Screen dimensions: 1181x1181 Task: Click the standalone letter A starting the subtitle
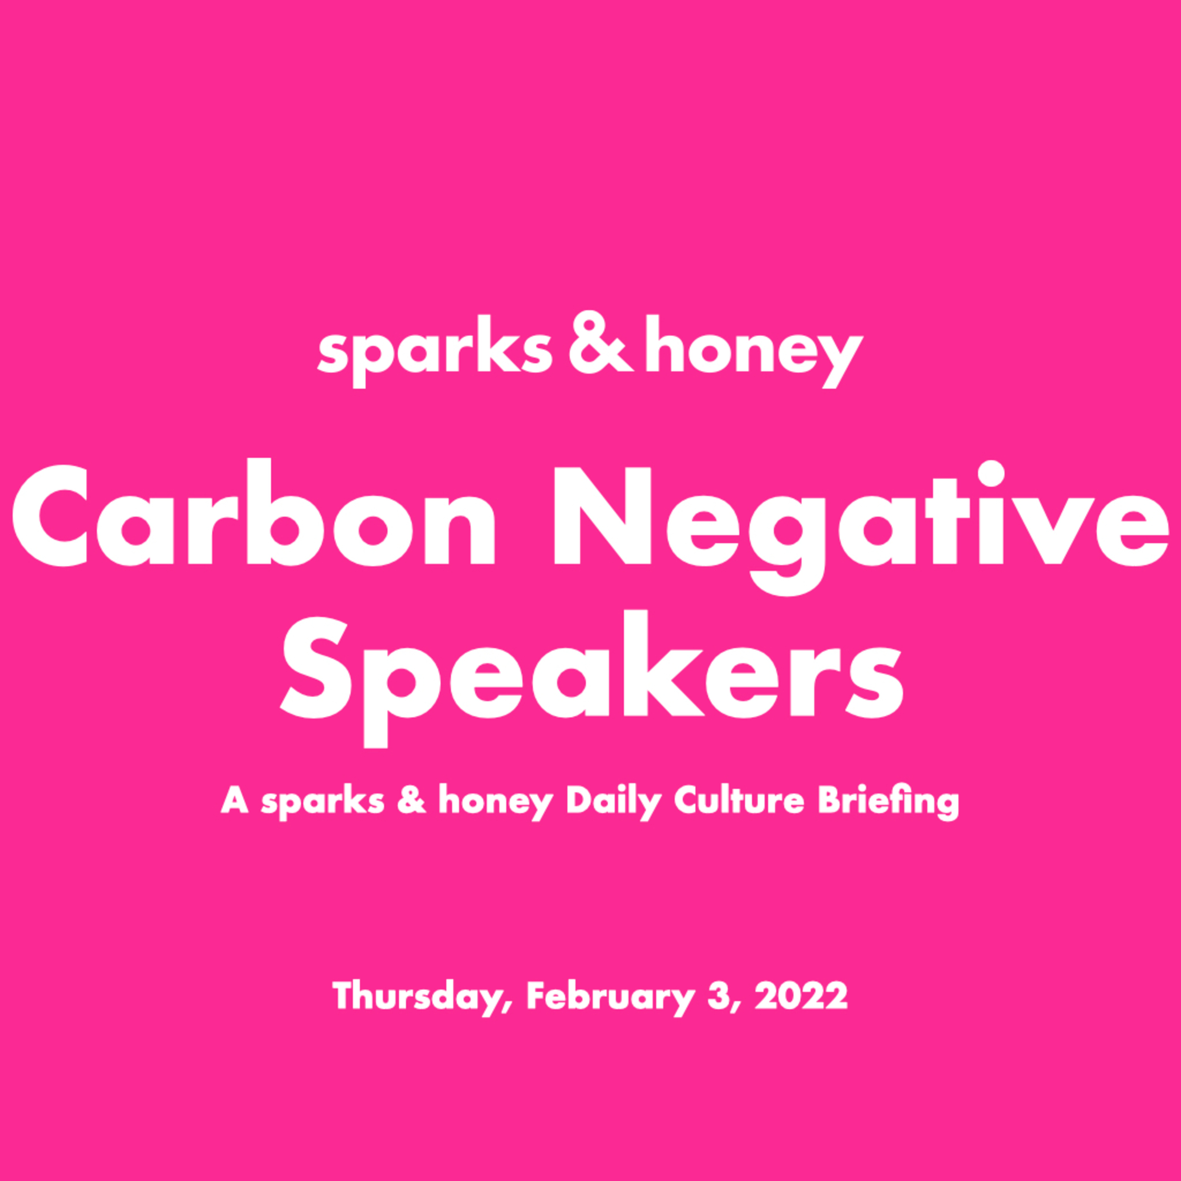235,800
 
